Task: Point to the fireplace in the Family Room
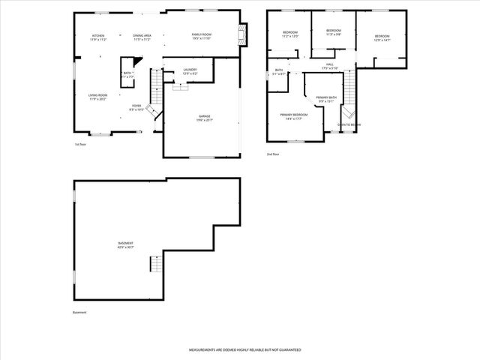(x=242, y=34)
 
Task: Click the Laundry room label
(x=190, y=71)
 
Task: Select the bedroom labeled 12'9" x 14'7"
(x=382, y=37)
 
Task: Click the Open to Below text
(x=349, y=124)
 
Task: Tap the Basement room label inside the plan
(x=126, y=245)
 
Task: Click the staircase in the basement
(x=155, y=264)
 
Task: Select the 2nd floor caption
(x=272, y=154)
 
